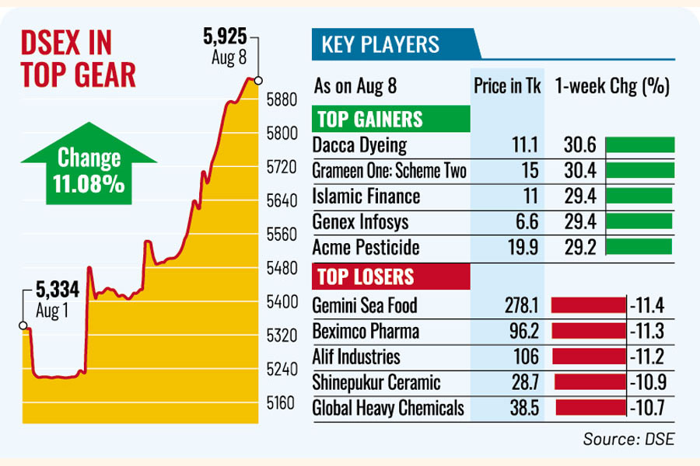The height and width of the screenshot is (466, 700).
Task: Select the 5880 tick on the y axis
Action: [281, 99]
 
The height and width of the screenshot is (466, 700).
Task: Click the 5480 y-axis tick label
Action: [281, 268]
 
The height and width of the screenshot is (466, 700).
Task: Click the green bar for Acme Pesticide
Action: [639, 247]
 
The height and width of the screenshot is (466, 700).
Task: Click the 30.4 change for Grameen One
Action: [576, 171]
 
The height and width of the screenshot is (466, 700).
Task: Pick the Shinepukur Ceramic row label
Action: [376, 381]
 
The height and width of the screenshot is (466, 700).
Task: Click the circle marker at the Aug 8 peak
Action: [258, 79]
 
